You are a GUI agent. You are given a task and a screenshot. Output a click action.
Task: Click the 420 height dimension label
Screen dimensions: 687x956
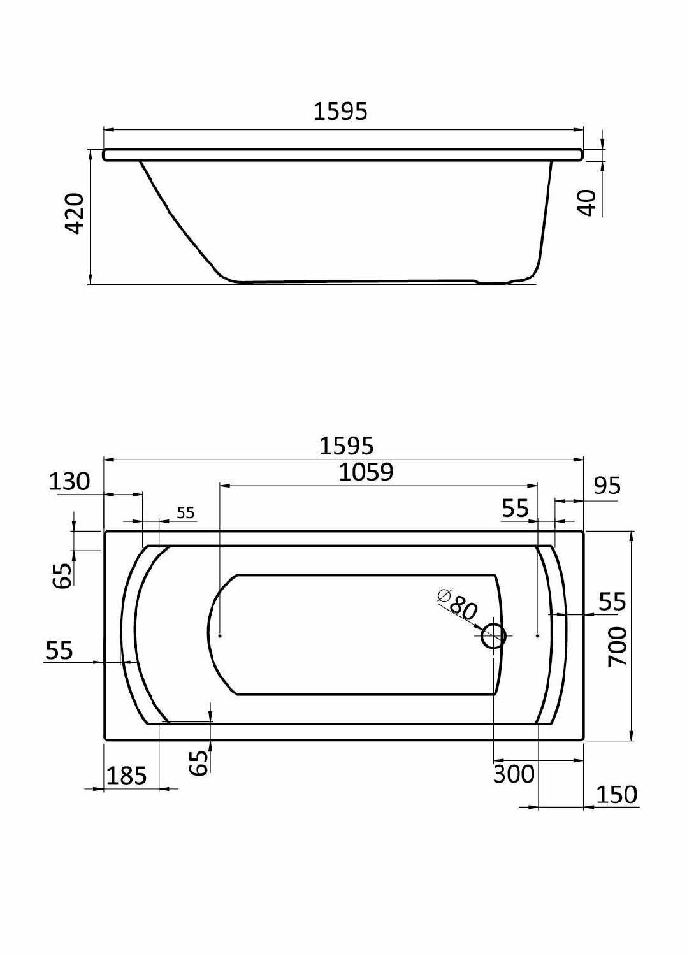[76, 214]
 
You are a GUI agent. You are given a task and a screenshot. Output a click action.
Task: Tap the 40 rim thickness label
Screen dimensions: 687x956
[588, 203]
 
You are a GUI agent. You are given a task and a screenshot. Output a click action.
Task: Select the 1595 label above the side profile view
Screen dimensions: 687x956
[340, 112]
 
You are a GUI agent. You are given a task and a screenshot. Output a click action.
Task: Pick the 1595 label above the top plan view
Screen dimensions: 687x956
[346, 446]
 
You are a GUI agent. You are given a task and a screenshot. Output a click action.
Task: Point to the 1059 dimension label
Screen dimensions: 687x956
[366, 472]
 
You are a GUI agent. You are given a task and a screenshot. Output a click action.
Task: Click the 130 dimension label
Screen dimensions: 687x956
[69, 482]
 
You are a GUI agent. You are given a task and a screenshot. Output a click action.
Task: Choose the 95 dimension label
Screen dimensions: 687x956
[607, 486]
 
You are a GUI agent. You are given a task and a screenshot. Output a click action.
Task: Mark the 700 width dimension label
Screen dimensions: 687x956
[617, 647]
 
